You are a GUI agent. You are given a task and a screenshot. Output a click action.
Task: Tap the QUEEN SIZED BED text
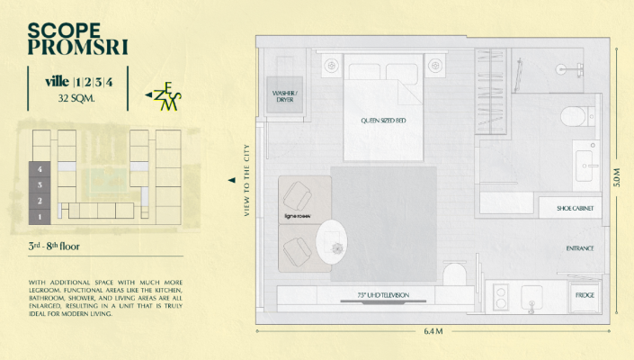point(384,119)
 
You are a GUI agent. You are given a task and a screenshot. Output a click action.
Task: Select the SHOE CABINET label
point(575,208)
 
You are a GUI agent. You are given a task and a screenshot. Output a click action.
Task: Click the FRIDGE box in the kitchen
point(584,294)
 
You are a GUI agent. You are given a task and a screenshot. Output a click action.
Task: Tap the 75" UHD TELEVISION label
point(384,295)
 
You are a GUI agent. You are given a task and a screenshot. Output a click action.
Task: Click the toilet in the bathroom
point(571,117)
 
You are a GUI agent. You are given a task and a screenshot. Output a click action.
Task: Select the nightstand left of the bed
point(331,65)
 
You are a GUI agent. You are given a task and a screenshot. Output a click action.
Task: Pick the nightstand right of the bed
point(436,65)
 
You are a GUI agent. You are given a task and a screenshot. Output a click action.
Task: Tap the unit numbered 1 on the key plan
point(40,216)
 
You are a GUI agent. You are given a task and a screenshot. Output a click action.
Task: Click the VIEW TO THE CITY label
point(246,180)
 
